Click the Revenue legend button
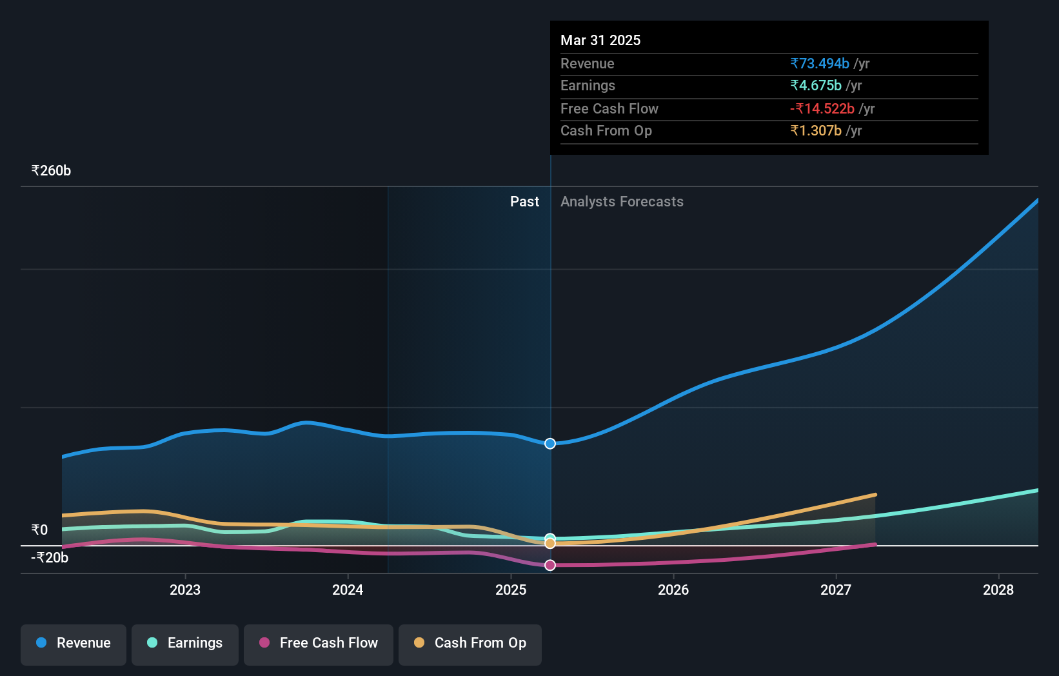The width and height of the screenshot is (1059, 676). [x=74, y=643]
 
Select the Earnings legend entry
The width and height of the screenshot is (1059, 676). [x=185, y=643]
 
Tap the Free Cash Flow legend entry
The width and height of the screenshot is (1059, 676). [x=319, y=643]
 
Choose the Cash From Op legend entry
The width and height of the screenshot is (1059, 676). [x=470, y=643]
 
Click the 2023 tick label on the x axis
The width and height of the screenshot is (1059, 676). [x=185, y=590]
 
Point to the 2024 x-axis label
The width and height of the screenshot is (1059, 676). [x=348, y=590]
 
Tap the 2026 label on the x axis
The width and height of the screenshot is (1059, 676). [x=673, y=590]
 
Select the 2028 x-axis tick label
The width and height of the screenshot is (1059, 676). [x=998, y=590]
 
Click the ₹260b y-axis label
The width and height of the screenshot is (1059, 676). [x=51, y=171]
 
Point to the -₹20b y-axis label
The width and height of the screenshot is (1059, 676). [x=50, y=558]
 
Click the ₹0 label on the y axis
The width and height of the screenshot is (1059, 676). [x=39, y=530]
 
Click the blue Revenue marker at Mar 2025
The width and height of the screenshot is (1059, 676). [x=550, y=444]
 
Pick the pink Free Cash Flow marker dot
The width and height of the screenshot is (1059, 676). [x=550, y=565]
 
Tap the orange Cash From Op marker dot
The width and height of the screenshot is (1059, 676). [x=550, y=544]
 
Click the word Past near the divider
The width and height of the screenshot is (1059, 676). [x=524, y=202]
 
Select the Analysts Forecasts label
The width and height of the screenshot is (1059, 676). [x=622, y=202]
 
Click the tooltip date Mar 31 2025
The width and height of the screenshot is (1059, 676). [x=600, y=41]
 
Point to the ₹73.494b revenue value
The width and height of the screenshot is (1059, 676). [x=820, y=64]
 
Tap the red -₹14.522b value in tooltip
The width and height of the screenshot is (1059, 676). [x=822, y=109]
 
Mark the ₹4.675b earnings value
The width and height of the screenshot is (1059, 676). [x=816, y=86]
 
